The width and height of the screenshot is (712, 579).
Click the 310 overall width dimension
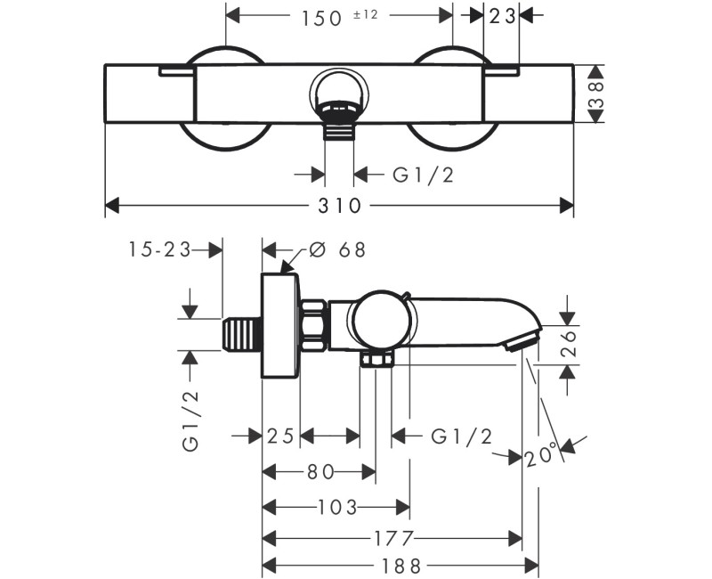point(339,206)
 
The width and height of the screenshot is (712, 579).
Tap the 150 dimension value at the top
point(321,18)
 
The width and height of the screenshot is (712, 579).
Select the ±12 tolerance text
point(366,14)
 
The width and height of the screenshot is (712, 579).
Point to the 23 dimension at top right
point(502,17)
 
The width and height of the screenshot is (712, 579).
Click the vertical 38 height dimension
point(596,94)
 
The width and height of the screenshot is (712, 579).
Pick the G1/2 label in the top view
point(424,175)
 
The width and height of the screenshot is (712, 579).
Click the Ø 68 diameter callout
point(337,250)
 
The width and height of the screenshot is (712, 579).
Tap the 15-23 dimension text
point(159,249)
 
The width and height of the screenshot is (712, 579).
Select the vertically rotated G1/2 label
point(190,420)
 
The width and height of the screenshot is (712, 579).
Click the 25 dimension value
point(280,436)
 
